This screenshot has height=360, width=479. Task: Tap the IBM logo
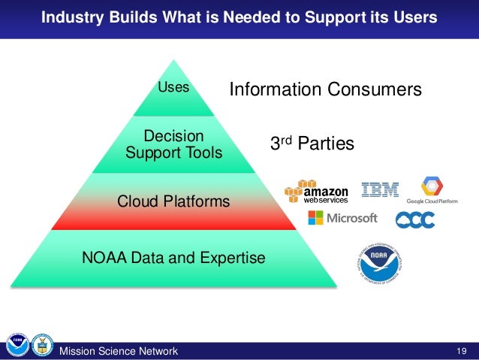pos(380,190)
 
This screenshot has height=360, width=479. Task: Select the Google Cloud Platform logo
pos(432,191)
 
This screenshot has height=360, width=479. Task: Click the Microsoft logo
pos(342,218)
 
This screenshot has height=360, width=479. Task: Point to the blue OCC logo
pos(415,219)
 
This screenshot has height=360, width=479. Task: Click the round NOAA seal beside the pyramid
pos(378,263)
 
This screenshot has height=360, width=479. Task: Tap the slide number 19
pos(461,350)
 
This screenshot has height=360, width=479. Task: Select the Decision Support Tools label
pos(174,144)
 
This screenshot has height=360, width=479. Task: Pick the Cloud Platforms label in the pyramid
pos(174,202)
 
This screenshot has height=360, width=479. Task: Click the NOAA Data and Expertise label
pos(173,259)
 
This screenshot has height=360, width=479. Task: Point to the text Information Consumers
pos(325,90)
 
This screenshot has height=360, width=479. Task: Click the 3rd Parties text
pos(312,143)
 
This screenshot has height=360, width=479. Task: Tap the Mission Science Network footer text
pos(119,351)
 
